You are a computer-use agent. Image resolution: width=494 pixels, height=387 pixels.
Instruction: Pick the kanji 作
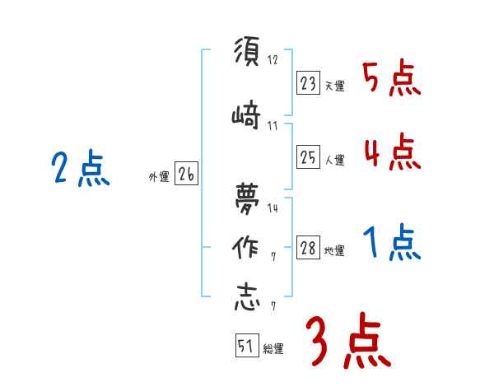[x=245, y=247]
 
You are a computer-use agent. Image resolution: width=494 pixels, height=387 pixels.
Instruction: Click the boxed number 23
[x=309, y=82]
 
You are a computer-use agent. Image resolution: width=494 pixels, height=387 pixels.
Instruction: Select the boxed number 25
[x=309, y=157]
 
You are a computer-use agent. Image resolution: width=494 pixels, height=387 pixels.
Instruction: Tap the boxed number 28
[x=309, y=249]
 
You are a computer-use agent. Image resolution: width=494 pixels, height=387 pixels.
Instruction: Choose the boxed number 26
[x=186, y=174]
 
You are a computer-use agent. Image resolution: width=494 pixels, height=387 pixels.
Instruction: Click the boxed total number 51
[x=245, y=347]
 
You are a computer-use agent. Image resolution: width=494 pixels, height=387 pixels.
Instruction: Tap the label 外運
[x=159, y=176]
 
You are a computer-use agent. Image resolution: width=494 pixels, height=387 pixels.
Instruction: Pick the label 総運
[x=273, y=349]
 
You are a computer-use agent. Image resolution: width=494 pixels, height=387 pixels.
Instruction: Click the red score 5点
[x=391, y=78]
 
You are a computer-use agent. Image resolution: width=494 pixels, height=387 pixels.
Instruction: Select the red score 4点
[x=391, y=152]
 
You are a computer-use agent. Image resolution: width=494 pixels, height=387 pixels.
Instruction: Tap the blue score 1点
[x=391, y=244]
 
